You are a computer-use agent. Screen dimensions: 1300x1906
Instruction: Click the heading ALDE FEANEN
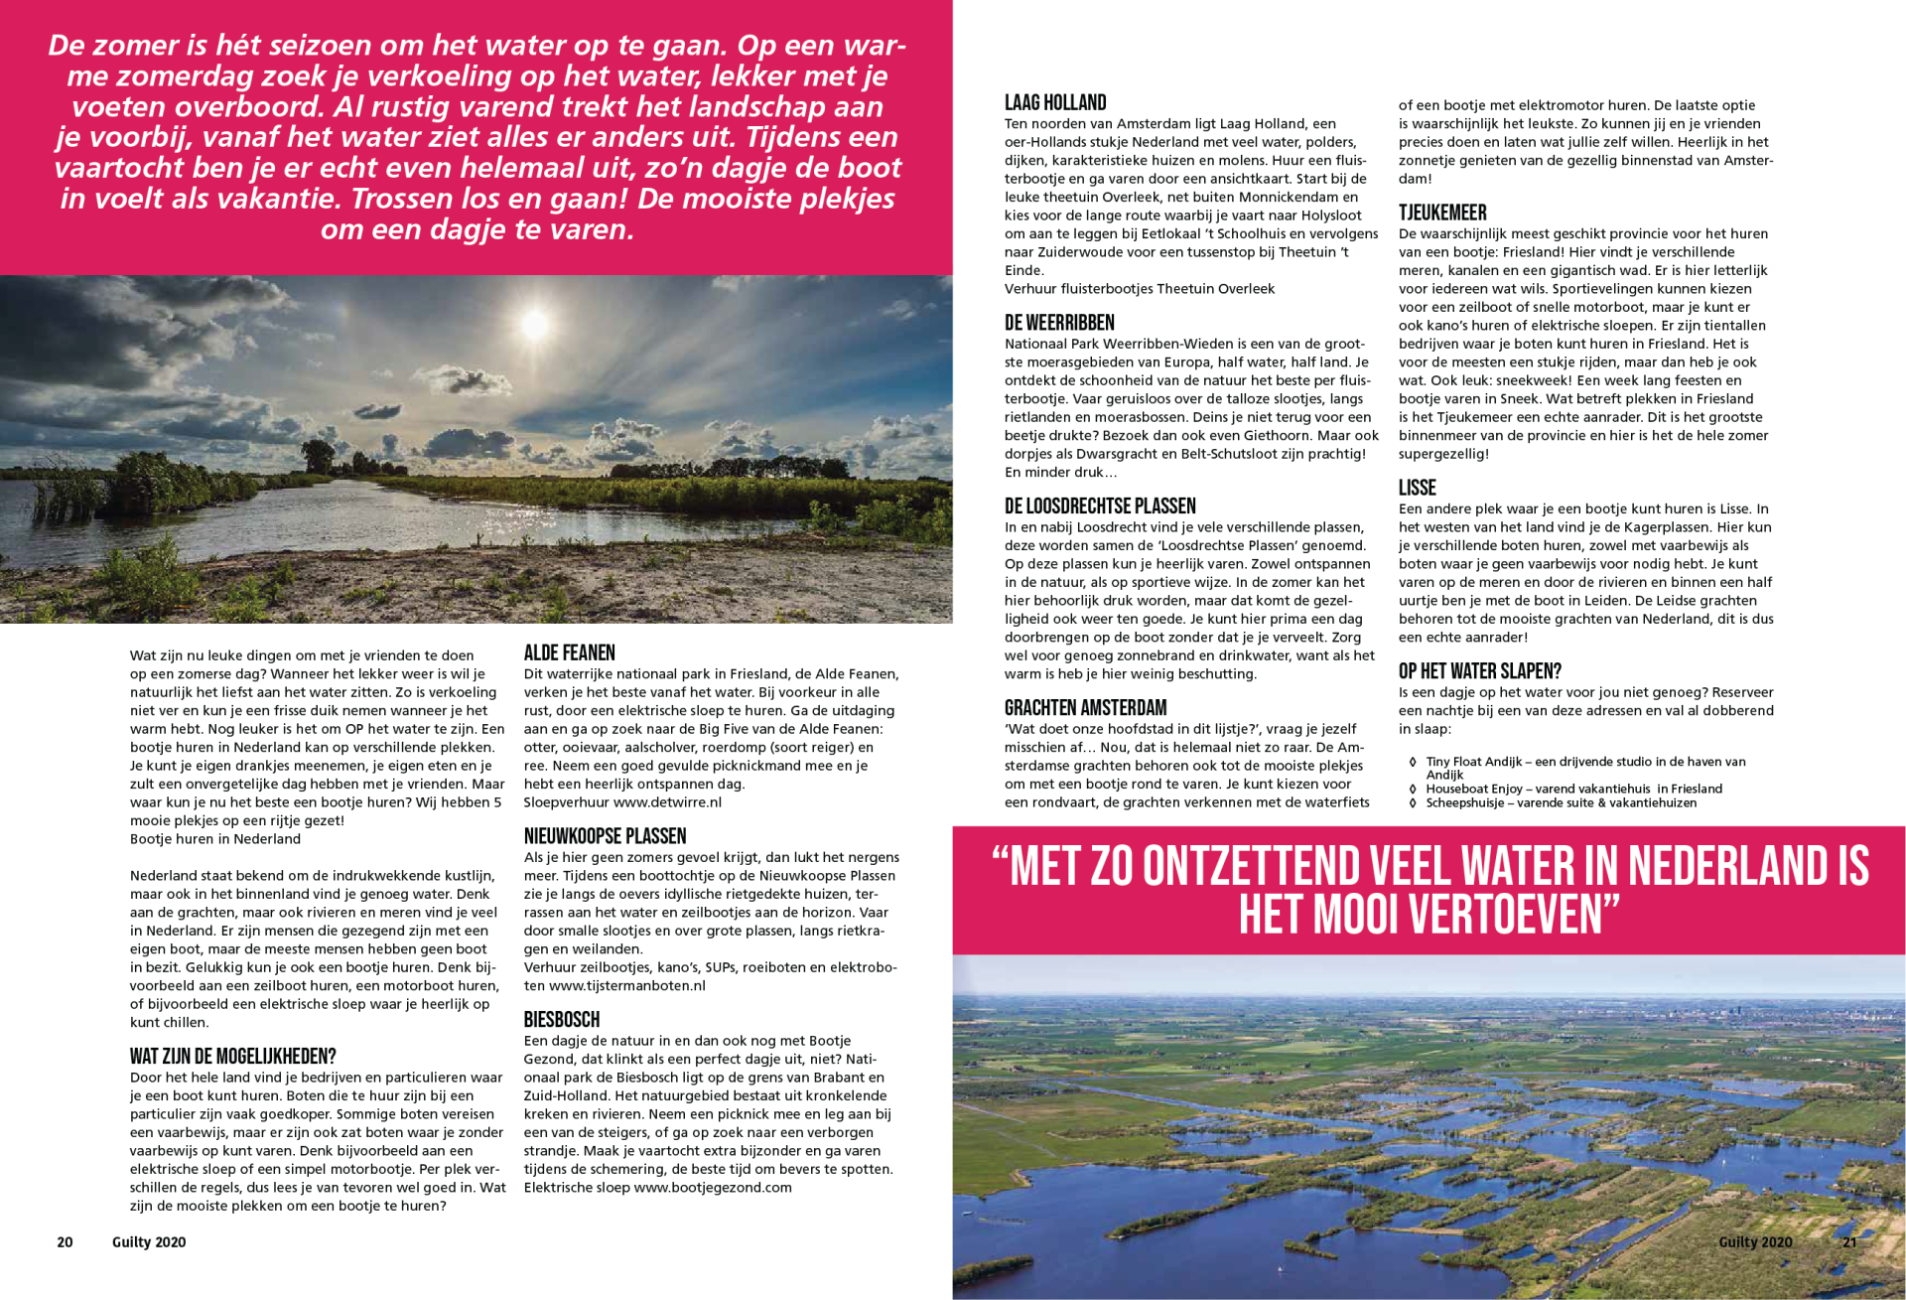[569, 652]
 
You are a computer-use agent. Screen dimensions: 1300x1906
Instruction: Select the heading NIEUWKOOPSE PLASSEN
[605, 836]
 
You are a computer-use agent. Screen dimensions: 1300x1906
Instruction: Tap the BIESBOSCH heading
[562, 1020]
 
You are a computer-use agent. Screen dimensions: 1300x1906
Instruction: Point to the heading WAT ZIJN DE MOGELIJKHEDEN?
[232, 1057]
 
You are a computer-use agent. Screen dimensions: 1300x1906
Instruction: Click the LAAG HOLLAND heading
[1054, 102]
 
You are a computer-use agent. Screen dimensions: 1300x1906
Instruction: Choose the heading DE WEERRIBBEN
[1059, 323]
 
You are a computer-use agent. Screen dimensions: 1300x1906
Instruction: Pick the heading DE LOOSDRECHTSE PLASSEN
[1100, 506]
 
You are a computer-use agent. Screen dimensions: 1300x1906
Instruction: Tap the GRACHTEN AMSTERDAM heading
[1085, 708]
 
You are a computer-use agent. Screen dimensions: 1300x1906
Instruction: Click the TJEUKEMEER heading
[1442, 213]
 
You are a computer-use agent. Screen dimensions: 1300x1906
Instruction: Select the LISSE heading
[1417, 488]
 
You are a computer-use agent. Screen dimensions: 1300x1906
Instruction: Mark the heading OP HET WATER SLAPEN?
[1480, 671]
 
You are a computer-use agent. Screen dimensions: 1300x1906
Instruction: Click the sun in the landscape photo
[535, 323]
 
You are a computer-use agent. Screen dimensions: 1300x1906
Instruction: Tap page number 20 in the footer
[65, 1242]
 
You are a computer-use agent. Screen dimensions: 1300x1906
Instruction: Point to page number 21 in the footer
[1849, 1242]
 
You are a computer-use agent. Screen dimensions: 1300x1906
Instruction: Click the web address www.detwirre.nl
[667, 802]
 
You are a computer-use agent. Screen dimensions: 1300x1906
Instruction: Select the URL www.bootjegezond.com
[713, 1188]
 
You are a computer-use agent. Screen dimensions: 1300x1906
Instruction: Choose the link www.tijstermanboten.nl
[626, 986]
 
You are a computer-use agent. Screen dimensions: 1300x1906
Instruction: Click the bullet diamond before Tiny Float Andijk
[1413, 763]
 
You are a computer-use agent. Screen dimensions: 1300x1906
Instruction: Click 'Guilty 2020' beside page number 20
[149, 1242]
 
